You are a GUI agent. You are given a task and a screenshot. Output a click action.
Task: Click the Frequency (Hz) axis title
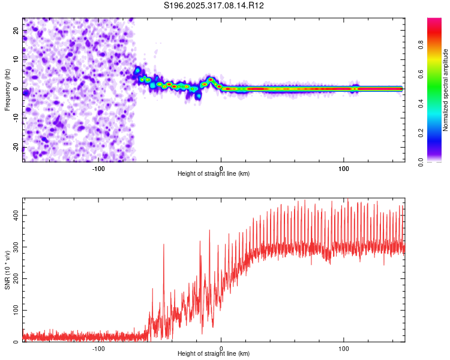click(7, 90)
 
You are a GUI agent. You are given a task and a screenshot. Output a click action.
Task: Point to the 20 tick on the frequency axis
click(16, 30)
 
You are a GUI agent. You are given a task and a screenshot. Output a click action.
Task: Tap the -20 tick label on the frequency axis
click(15, 148)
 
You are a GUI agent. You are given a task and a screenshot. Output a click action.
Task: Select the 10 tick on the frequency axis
click(16, 59)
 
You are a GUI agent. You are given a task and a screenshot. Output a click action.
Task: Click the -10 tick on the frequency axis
click(15, 118)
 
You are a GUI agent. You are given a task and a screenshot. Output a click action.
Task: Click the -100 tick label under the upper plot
click(98, 167)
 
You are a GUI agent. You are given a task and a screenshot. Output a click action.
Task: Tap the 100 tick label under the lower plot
click(344, 347)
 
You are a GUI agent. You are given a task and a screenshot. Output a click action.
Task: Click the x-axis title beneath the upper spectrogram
click(214, 174)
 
